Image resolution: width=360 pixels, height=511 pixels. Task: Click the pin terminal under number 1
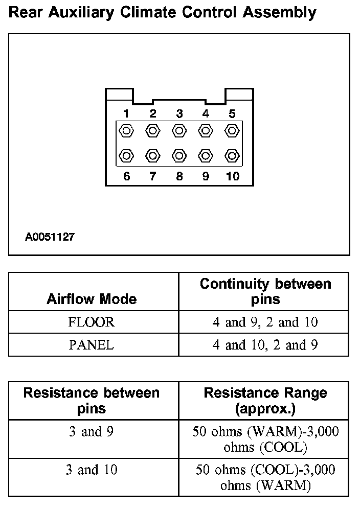click(126, 130)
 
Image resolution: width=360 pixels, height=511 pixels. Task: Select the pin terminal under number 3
click(179, 130)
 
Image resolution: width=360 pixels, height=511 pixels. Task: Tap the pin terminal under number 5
click(232, 130)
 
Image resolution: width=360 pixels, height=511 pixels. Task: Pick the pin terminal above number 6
click(126, 155)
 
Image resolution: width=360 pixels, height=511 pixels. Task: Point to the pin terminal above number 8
click(179, 155)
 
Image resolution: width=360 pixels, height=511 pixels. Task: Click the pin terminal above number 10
click(232, 155)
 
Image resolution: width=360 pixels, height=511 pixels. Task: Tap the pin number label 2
click(153, 113)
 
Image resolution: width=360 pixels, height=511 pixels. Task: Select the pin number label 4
click(206, 113)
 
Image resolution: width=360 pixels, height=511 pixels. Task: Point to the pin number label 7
click(153, 176)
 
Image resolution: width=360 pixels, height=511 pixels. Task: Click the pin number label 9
click(206, 176)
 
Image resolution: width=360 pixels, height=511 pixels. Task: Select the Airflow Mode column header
click(92, 299)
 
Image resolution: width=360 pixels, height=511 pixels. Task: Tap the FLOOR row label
click(92, 322)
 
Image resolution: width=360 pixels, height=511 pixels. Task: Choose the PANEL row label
click(92, 345)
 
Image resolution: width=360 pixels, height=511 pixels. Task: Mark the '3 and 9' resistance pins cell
click(92, 432)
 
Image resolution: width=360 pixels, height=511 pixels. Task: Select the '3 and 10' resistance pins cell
click(92, 470)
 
